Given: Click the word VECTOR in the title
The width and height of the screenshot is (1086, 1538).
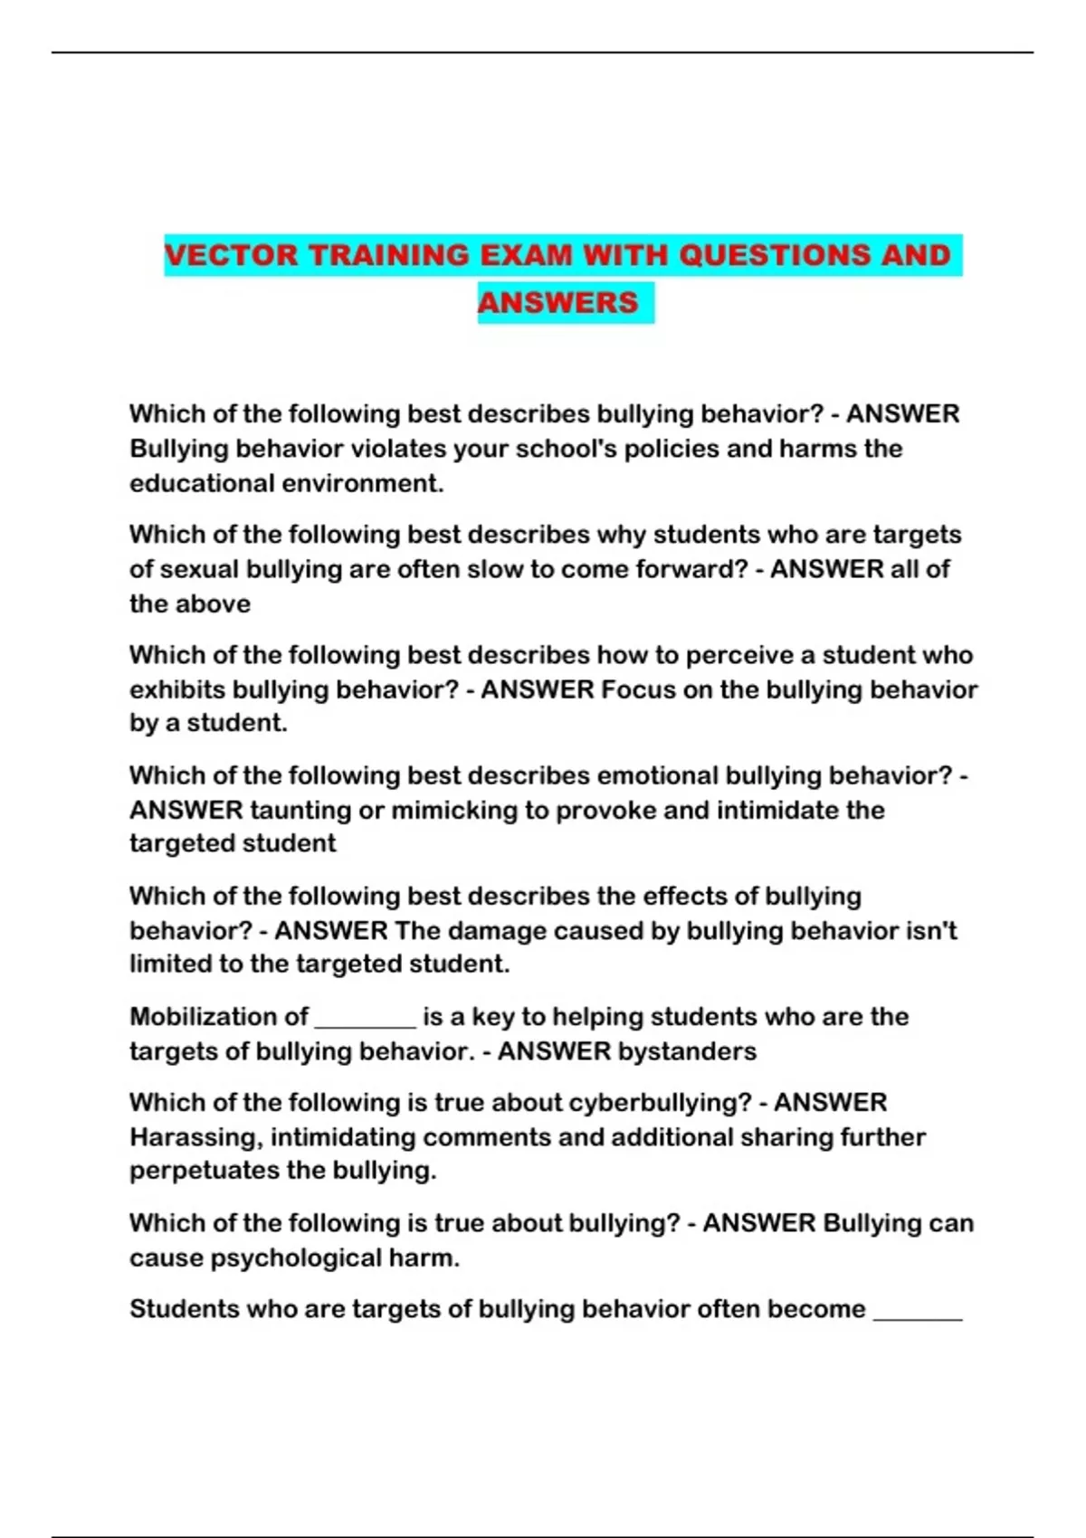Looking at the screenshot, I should (231, 255).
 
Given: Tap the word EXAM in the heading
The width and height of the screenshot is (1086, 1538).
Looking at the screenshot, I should (525, 255).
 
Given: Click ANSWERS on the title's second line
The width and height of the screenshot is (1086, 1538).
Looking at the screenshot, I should (557, 302).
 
